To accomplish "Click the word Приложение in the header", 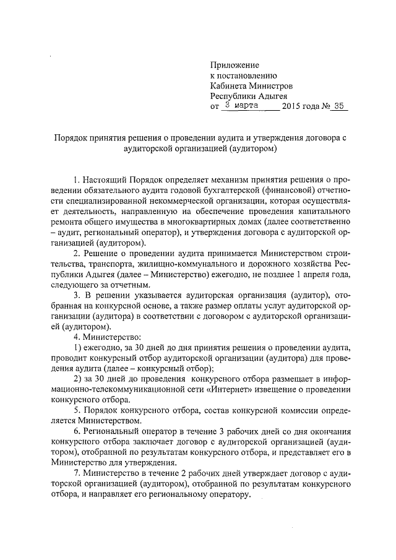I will tap(235, 64).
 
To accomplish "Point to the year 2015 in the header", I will tap(291, 106).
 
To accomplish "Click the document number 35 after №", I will tap(338, 106).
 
